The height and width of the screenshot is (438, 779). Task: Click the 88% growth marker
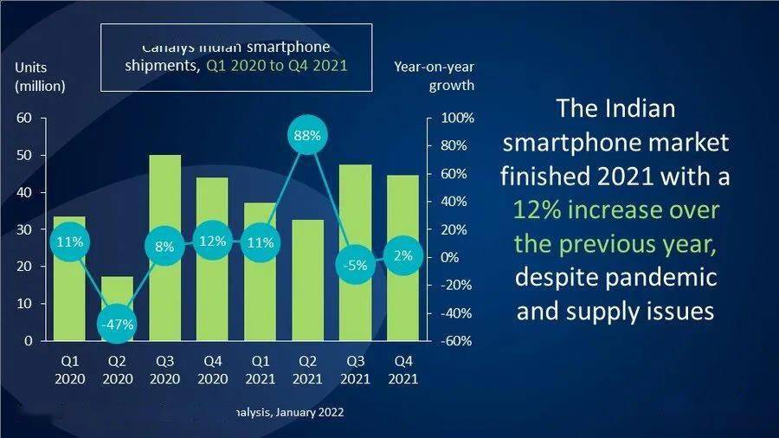[x=308, y=136]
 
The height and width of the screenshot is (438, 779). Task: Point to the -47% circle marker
[x=118, y=325]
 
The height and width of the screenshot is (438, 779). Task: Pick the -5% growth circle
[x=356, y=266]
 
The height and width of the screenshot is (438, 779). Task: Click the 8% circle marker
[x=164, y=246]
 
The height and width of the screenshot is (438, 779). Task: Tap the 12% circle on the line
[x=213, y=242]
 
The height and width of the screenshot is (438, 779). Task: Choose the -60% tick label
[x=458, y=341]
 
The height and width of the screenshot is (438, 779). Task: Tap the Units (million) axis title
[x=40, y=76]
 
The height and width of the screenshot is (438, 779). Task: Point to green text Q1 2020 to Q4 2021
[x=277, y=67]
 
